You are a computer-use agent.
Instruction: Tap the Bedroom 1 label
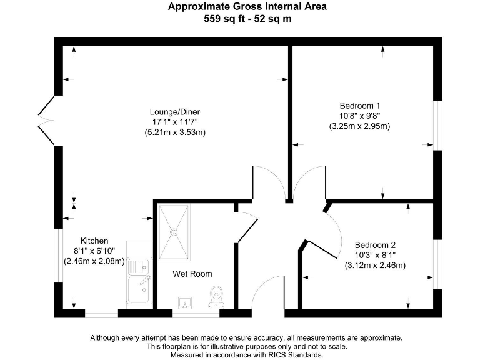point(359,105)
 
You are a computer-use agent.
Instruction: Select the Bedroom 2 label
point(375,245)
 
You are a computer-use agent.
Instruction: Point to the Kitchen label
point(94,241)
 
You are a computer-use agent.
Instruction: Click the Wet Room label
point(192,274)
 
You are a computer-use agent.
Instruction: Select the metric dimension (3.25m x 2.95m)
point(359,126)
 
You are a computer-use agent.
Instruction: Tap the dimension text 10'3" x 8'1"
point(375,255)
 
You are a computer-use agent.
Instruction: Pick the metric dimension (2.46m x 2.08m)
point(94,261)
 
